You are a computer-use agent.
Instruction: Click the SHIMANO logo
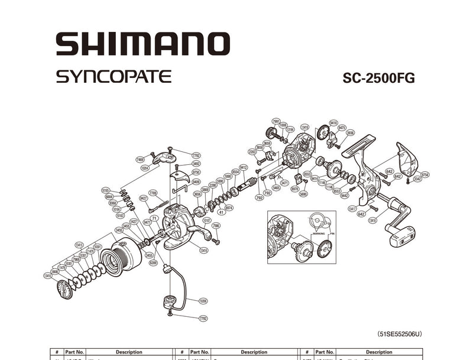(x=142, y=44)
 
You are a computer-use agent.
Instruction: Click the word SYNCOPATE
(x=114, y=77)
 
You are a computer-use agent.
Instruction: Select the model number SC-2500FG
(x=378, y=79)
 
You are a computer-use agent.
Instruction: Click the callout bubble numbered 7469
(x=140, y=160)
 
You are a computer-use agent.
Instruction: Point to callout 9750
(x=196, y=172)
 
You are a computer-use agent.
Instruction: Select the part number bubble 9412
(x=243, y=167)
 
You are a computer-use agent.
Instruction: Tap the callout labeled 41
(x=221, y=212)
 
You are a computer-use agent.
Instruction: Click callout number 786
(x=216, y=226)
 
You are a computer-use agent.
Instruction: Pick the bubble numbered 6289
(x=153, y=262)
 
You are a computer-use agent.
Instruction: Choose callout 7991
(x=276, y=121)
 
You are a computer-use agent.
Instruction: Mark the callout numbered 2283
(x=252, y=152)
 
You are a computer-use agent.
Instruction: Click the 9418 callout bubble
(x=333, y=123)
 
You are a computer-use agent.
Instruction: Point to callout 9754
(x=425, y=174)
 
